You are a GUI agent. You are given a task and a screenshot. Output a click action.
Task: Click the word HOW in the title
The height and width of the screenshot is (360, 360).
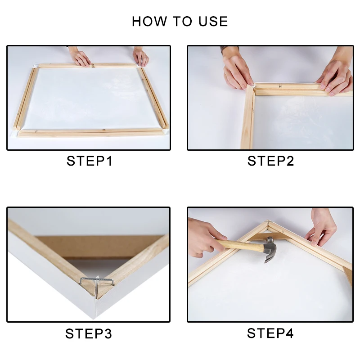click(x=149, y=21)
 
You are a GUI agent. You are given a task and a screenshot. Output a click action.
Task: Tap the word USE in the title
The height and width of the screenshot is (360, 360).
click(x=213, y=21)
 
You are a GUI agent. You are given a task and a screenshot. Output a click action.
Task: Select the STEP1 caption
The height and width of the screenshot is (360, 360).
click(x=89, y=161)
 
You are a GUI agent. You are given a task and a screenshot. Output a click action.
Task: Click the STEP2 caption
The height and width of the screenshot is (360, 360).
click(x=270, y=161)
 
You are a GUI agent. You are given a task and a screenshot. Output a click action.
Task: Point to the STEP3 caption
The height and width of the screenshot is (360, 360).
click(x=89, y=333)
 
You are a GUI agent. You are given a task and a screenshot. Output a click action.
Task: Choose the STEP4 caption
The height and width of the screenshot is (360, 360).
click(x=270, y=333)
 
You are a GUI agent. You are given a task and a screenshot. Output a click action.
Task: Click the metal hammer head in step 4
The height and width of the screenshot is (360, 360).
click(x=270, y=250)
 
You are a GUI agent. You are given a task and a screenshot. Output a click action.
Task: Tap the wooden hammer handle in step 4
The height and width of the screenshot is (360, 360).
click(x=240, y=245)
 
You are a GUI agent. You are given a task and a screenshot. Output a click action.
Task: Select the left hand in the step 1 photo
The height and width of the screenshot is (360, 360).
click(x=80, y=57)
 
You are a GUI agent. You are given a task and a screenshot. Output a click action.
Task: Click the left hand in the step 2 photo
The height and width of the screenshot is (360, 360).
click(x=237, y=69)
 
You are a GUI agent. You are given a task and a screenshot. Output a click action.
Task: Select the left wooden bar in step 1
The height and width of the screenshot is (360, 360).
click(x=25, y=99)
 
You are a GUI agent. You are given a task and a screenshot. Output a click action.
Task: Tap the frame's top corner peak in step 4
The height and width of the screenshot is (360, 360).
click(x=268, y=221)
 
